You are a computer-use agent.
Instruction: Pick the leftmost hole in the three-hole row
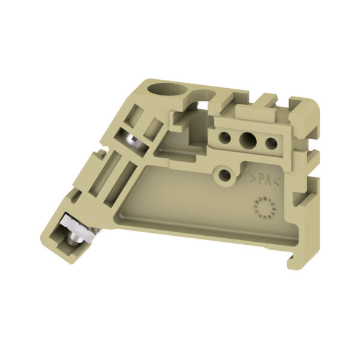(225, 137)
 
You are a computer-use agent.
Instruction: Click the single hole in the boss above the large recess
(225, 175)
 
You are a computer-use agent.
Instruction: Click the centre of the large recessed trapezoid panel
(192, 198)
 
